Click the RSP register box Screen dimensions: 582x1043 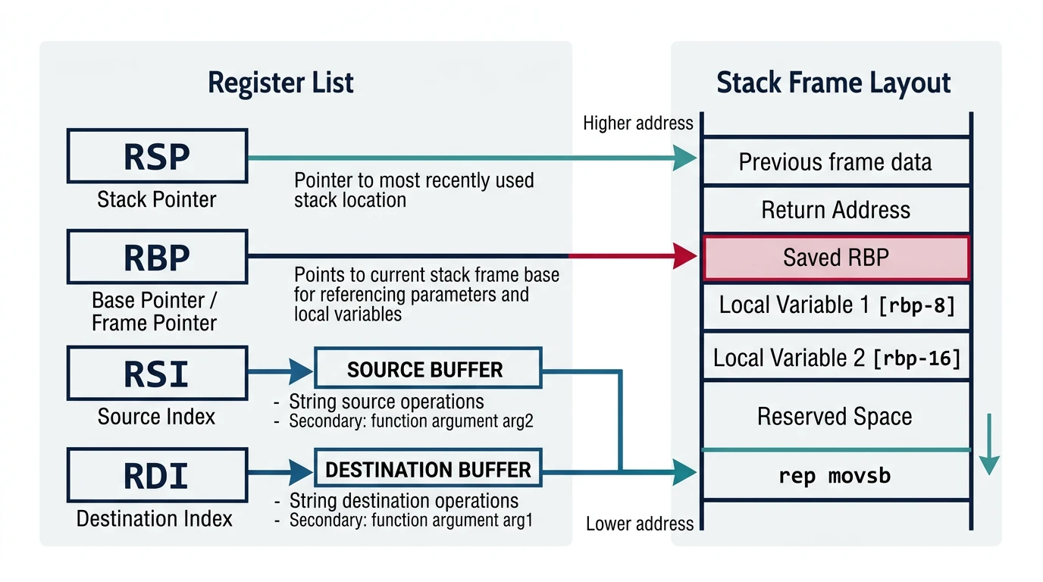[x=157, y=156]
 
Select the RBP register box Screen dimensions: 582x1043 [x=157, y=258]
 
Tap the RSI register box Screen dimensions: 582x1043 [x=157, y=373]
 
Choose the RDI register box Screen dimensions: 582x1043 [x=157, y=475]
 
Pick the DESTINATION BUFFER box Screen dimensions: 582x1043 [x=428, y=469]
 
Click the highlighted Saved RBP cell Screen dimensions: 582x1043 [x=835, y=258]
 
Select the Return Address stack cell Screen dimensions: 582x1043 [x=835, y=210]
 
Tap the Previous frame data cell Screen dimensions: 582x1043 [x=835, y=162]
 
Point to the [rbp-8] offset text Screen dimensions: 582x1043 [x=916, y=306]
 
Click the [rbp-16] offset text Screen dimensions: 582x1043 [x=916, y=358]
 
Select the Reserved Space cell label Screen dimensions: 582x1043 [x=835, y=416]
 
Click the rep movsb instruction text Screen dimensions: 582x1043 [x=835, y=476]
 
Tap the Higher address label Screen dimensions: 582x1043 [x=637, y=124]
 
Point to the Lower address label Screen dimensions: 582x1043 [x=640, y=524]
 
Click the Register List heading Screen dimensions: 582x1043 [x=280, y=83]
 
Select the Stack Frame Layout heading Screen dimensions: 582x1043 [x=834, y=83]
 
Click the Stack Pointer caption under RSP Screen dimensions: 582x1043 [x=157, y=200]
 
